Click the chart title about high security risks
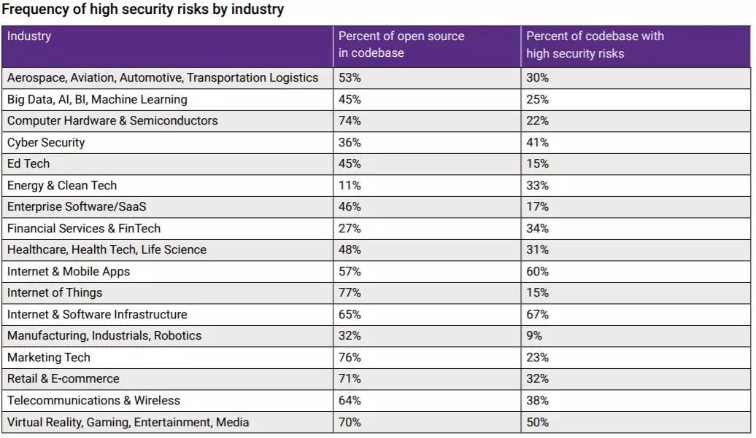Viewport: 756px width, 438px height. (143, 9)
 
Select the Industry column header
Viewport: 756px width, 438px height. (29, 36)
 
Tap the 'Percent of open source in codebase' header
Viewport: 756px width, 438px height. (401, 44)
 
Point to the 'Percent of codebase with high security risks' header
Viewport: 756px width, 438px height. (595, 44)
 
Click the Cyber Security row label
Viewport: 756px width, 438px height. (46, 142)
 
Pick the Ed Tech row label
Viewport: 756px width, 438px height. (28, 163)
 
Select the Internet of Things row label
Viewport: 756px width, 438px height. (55, 292)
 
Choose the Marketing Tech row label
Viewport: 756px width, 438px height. (49, 357)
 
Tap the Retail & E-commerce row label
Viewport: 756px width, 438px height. (63, 378)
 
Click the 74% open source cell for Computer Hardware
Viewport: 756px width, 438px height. (350, 120)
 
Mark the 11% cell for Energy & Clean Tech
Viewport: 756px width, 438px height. (349, 185)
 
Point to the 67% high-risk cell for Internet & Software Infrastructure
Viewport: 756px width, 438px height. (537, 314)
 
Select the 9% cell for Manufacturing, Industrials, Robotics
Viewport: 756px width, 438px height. (534, 335)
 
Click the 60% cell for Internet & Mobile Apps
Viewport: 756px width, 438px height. (537, 271)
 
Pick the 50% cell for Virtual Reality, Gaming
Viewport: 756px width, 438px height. (537, 421)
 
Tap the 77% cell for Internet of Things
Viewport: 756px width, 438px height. (350, 292)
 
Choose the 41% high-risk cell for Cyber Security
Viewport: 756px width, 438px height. (537, 142)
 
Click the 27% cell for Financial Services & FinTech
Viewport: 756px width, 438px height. (350, 228)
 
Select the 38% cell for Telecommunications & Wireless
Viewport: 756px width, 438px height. (537, 400)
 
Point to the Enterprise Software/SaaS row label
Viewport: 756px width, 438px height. (77, 206)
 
